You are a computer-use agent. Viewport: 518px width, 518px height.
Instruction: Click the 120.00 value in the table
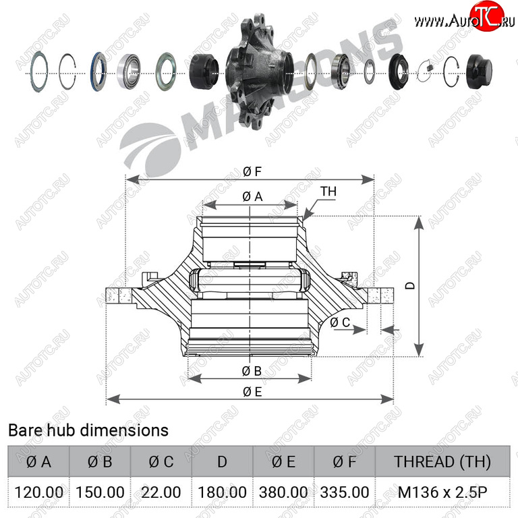coord(38,492)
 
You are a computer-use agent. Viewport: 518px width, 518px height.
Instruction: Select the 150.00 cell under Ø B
coord(100,492)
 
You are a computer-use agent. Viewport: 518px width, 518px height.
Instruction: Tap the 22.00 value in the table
coord(161,492)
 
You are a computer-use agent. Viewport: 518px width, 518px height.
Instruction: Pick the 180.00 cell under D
coord(222,492)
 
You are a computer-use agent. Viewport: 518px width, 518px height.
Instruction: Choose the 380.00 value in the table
coord(283,492)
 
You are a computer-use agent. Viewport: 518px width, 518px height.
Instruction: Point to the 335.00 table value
coord(344,492)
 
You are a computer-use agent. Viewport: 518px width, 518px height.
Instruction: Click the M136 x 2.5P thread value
coord(442,492)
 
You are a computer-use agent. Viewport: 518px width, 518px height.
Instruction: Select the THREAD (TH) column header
coord(442,461)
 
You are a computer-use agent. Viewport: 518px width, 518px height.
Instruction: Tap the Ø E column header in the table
coord(283,461)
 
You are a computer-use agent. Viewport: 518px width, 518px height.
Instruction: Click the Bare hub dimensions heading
coord(88,430)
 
